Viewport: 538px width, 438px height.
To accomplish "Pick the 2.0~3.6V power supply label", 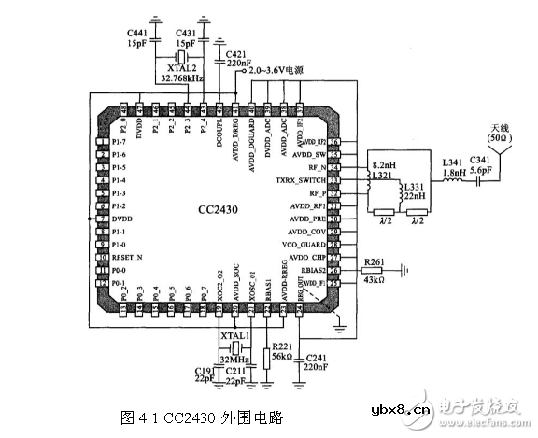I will tap(281, 71).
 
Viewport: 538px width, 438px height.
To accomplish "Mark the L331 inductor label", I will tap(415, 187).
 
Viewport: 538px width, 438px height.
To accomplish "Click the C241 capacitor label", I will tap(317, 358).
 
